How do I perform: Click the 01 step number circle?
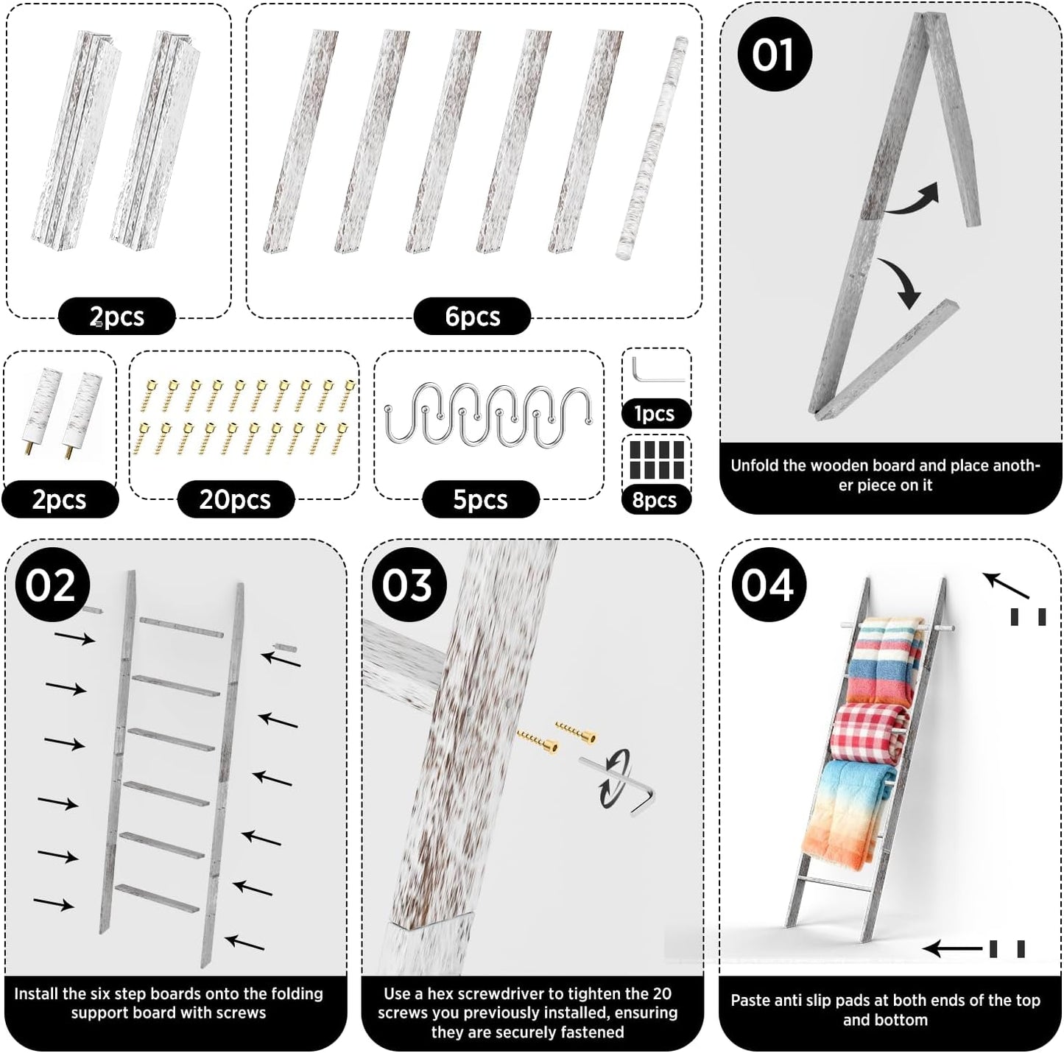click(x=774, y=54)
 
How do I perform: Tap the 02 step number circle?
click(x=52, y=585)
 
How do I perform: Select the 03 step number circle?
click(x=409, y=585)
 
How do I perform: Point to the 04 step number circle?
click(x=769, y=585)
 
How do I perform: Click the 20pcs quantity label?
click(x=235, y=499)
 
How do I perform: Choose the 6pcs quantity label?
click(x=472, y=316)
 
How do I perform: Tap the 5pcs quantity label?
click(x=480, y=499)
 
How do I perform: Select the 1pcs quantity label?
click(x=655, y=413)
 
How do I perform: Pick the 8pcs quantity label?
click(x=655, y=499)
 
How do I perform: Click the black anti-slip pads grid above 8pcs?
click(x=657, y=459)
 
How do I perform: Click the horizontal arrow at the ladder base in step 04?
click(x=953, y=948)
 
